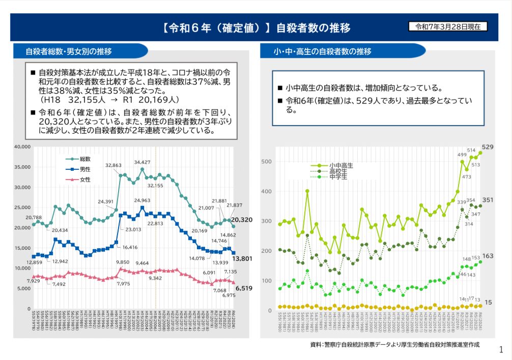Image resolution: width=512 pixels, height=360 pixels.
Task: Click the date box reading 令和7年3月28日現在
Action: [x=448, y=26]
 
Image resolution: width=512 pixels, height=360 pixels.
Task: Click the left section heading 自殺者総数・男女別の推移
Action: [x=69, y=51]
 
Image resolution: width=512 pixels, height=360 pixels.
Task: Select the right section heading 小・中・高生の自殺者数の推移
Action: [x=322, y=51]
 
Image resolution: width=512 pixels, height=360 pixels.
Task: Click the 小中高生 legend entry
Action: [x=341, y=166]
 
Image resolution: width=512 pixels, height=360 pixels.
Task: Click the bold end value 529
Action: [x=488, y=147]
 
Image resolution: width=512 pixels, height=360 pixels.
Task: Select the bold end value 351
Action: [x=488, y=200]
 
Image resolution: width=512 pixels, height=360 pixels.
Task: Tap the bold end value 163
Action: [x=488, y=256]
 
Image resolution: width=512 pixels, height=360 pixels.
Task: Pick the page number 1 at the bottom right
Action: [x=501, y=349]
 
